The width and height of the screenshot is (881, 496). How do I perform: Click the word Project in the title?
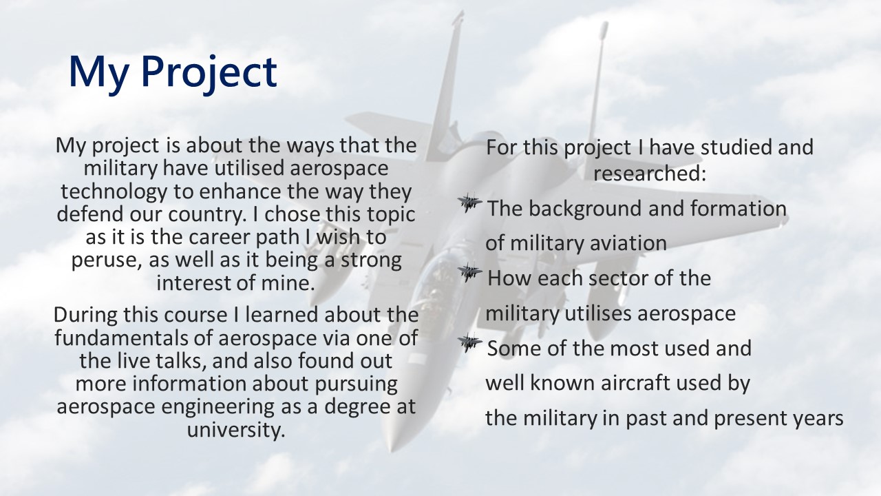tap(209, 73)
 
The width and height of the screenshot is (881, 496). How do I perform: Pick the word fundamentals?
tap(134, 338)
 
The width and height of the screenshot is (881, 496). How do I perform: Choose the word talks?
tap(181, 360)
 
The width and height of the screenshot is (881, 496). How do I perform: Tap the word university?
tap(235, 429)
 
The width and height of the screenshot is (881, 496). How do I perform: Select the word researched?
tap(650, 173)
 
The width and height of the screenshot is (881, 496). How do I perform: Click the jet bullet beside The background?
tap(469, 203)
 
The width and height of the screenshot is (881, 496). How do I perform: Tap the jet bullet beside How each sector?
tap(469, 272)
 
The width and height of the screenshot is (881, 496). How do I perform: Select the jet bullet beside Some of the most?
tap(469, 343)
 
